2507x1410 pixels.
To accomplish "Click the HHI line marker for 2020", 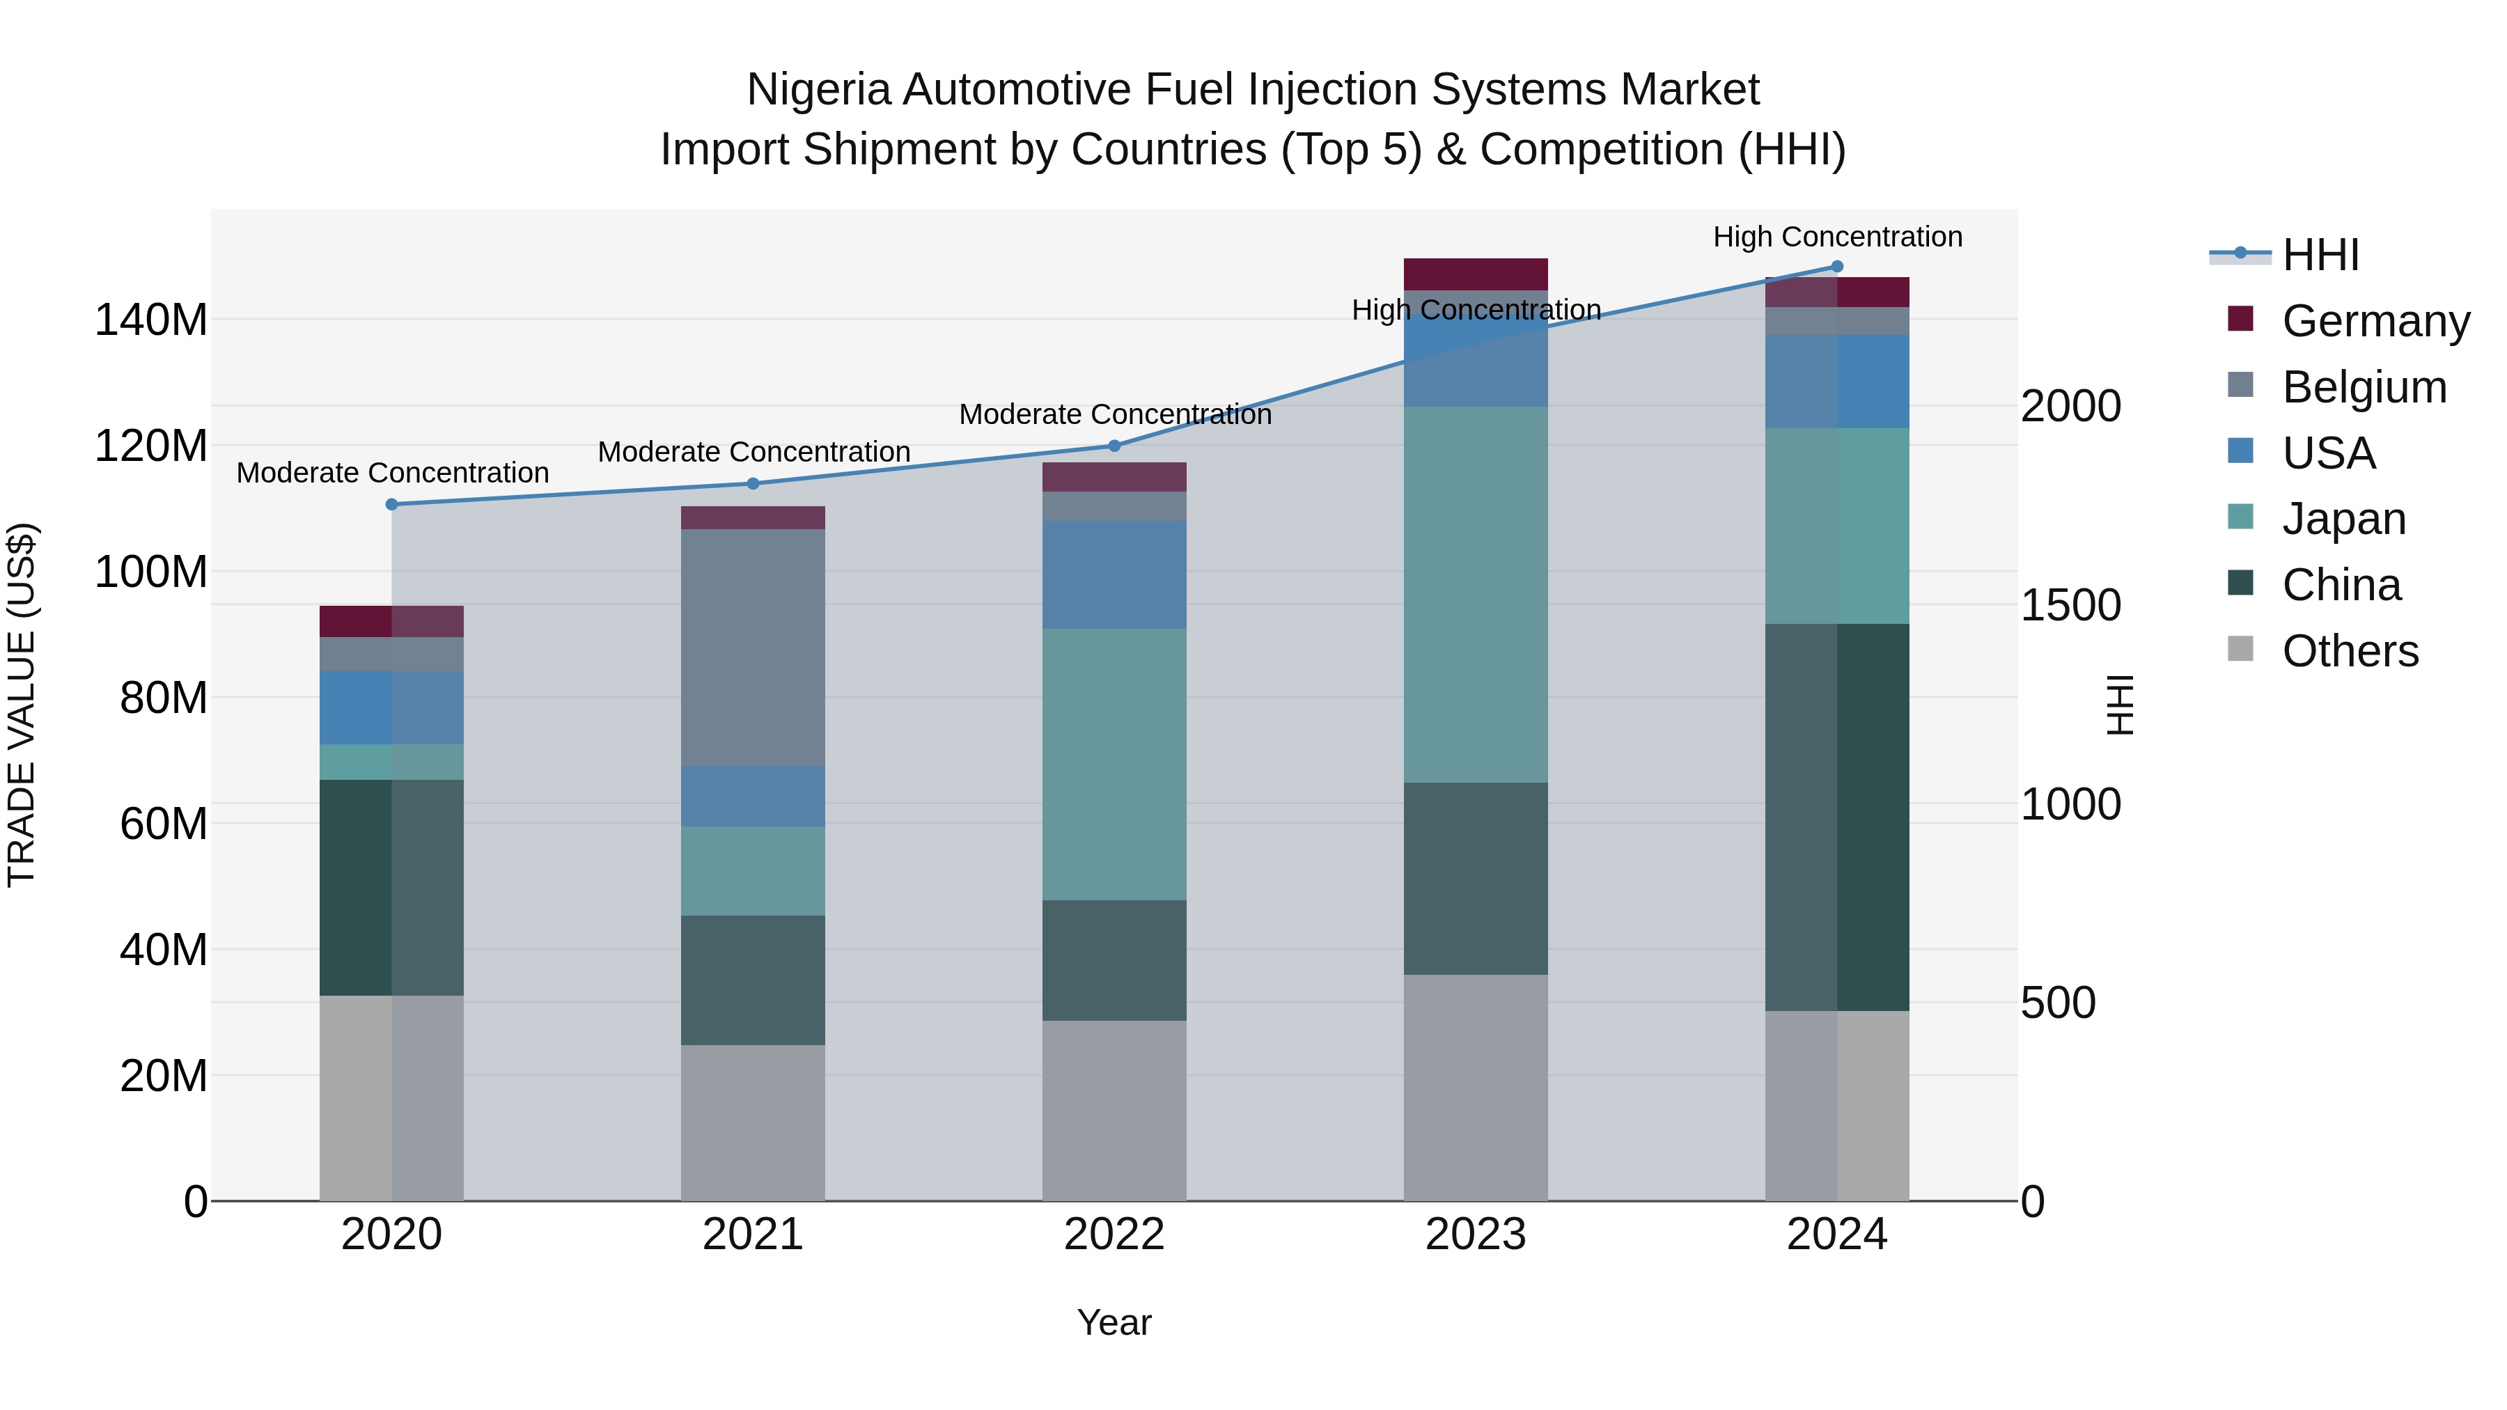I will (x=391, y=504).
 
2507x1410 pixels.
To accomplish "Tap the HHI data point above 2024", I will (x=1836, y=267).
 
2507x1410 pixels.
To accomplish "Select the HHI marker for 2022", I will (x=1114, y=446).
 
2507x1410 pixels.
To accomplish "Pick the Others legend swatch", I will (x=2240, y=649).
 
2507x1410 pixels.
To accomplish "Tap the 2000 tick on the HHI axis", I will (x=2070, y=407).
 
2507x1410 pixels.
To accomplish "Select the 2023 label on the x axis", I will (x=1476, y=1235).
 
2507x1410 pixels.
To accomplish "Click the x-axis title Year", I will (x=1114, y=1322).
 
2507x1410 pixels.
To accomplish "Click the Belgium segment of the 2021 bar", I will (x=752, y=647).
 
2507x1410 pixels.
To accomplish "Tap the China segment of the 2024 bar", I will (x=1836, y=817).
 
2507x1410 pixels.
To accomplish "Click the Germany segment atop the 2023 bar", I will (x=1476, y=274).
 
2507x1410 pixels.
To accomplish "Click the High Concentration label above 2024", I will (x=1836, y=237).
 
